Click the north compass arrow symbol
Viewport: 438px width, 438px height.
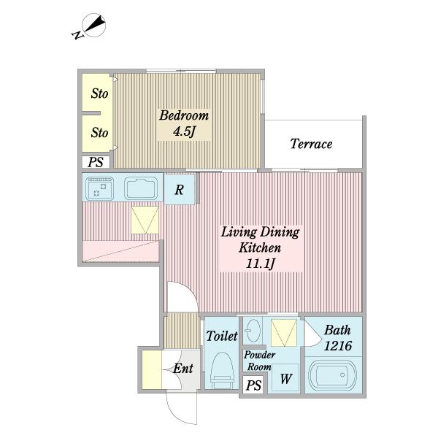[x=94, y=26]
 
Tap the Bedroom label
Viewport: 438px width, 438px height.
[x=184, y=115]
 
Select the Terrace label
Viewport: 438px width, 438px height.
[x=311, y=144]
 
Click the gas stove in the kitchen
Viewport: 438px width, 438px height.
[x=99, y=188]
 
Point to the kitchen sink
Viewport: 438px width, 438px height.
[x=141, y=188]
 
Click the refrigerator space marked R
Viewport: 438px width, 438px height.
[x=180, y=189]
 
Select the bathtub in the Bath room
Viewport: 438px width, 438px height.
[x=333, y=376]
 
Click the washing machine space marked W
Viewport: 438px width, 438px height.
[x=285, y=377]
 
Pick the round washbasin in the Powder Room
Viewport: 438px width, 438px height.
[x=253, y=331]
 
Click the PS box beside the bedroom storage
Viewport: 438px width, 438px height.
[x=96, y=162]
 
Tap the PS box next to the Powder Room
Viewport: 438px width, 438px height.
[x=253, y=385]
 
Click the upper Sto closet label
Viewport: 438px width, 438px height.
[x=99, y=93]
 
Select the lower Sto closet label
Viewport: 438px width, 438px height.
[x=99, y=132]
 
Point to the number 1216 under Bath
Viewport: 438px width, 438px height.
[x=338, y=345]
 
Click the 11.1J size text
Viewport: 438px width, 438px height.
[x=261, y=264]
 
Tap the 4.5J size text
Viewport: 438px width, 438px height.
[x=184, y=131]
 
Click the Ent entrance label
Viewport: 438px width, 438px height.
[x=183, y=368]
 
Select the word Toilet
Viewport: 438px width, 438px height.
[x=222, y=336]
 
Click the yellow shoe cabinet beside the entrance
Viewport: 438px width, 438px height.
[x=152, y=369]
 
